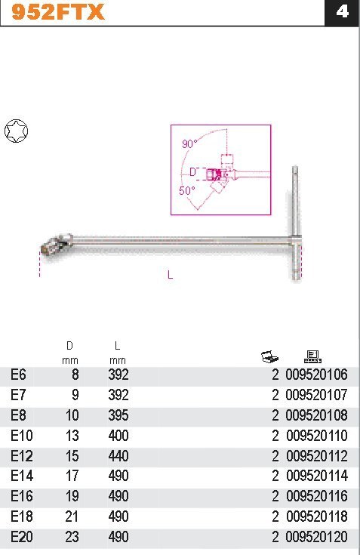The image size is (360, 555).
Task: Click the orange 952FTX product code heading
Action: [x=57, y=11]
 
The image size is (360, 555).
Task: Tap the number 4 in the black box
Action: [x=342, y=11]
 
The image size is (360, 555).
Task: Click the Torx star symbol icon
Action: [x=17, y=131]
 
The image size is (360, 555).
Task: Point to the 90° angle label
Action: [x=189, y=143]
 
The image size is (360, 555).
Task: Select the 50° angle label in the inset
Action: [x=186, y=191]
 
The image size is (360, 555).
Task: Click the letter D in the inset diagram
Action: [x=192, y=172]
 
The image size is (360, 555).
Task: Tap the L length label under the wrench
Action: [x=170, y=275]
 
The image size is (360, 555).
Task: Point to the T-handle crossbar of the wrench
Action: [x=296, y=223]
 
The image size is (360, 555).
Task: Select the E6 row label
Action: [x=18, y=375]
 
